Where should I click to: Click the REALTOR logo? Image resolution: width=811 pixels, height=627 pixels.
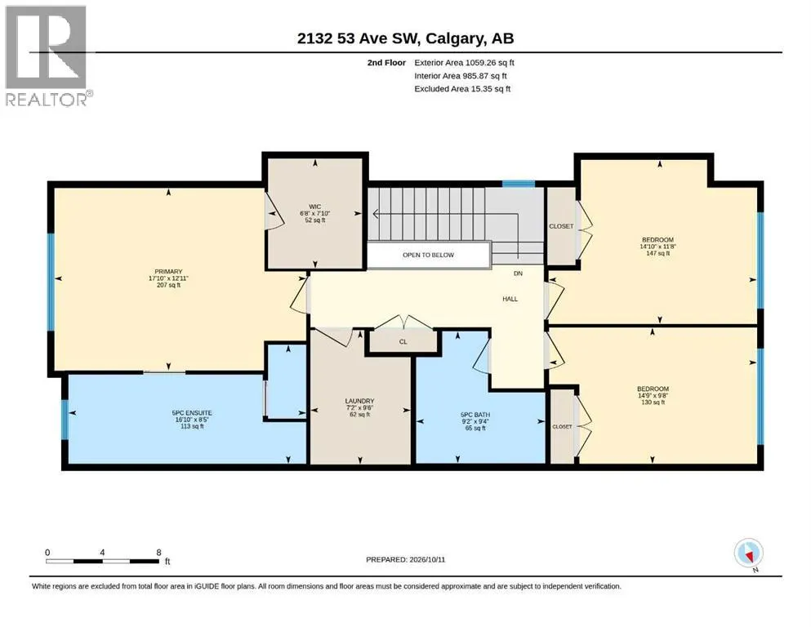[x=49, y=56]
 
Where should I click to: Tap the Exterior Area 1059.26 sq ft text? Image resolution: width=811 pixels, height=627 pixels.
[x=464, y=63]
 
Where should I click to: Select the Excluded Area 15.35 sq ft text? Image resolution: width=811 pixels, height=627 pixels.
[x=462, y=88]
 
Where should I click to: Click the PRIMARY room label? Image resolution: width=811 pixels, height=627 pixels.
[x=168, y=271]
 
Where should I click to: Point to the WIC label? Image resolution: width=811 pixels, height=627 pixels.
[x=314, y=207]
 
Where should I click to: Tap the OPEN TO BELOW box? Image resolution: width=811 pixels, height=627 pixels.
[x=428, y=255]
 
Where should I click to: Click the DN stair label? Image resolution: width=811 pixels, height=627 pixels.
[x=519, y=273]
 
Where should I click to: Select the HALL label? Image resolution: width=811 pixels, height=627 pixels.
[x=510, y=299]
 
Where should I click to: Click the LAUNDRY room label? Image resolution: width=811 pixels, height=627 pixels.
[x=359, y=401]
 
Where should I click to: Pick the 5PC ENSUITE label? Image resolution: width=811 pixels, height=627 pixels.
[x=192, y=413]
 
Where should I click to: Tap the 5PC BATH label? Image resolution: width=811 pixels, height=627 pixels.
[x=475, y=415]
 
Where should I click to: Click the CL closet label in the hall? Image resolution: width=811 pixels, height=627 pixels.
[x=403, y=342]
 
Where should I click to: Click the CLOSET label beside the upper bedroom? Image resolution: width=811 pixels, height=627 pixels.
[x=561, y=226]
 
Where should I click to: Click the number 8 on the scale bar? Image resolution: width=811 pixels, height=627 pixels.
[x=158, y=552]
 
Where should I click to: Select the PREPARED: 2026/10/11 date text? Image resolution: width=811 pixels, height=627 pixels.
[x=405, y=559]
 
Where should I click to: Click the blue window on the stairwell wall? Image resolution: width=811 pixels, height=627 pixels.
[x=519, y=184]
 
